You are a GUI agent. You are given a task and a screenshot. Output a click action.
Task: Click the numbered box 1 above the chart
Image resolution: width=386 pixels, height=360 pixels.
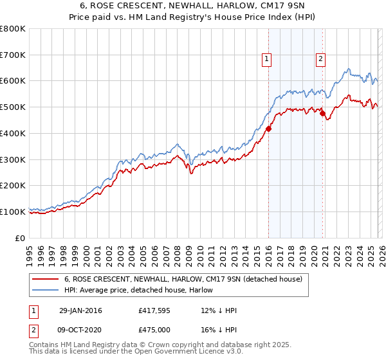click(267, 59)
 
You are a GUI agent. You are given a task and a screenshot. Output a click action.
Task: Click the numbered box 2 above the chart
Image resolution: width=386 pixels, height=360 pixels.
click(320, 59)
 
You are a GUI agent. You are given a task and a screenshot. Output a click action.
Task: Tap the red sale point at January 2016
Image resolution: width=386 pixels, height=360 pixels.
click(268, 129)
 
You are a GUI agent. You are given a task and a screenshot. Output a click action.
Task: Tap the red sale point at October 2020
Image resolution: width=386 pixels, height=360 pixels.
click(322, 114)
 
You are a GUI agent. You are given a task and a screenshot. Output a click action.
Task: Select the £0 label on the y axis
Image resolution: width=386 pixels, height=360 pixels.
click(21, 238)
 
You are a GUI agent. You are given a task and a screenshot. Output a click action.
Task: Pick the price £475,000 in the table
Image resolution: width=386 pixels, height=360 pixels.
click(157, 330)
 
